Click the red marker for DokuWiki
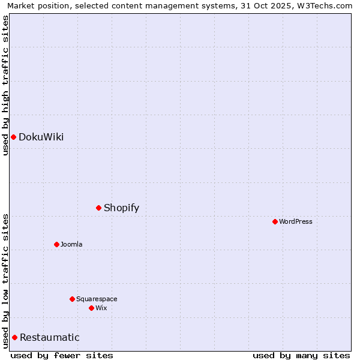coord(13,137)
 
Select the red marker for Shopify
coord(99,208)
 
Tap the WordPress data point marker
coord(275,222)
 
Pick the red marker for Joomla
coord(57,245)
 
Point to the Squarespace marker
coord(73,299)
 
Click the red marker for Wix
coord(92,308)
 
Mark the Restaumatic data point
coord(15,338)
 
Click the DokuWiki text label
coord(41,137)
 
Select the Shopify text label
coord(121,208)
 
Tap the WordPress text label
coord(296,222)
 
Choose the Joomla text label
coord(71,245)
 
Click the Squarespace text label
coord(97,299)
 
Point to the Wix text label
coord(101,308)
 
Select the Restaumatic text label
coord(49,338)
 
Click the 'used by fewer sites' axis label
coord(62,356)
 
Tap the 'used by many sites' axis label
coord(301,356)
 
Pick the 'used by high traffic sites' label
coord(5,85)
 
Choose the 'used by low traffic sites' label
coord(5,281)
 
